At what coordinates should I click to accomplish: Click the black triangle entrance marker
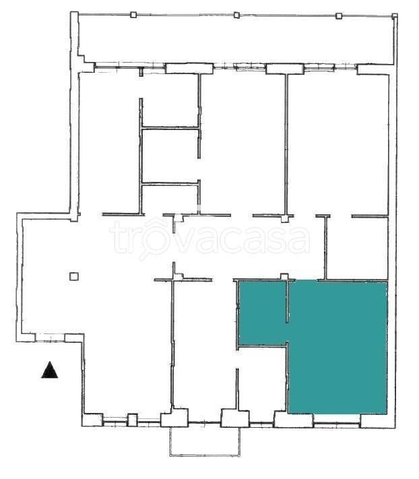[49, 370]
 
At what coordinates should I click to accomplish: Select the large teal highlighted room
[337, 348]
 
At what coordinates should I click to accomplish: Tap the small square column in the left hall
[74, 276]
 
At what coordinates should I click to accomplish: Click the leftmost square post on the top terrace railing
[133, 15]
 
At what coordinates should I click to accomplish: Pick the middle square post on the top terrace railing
[236, 15]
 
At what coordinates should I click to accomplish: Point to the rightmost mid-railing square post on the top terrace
[339, 16]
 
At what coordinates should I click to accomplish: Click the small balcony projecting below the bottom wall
[205, 441]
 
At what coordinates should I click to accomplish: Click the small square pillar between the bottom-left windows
[132, 420]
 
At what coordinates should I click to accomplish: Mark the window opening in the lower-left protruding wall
[50, 338]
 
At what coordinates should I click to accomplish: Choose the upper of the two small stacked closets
[170, 156]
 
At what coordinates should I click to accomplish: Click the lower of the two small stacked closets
[170, 199]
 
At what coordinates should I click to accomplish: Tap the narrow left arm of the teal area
[263, 313]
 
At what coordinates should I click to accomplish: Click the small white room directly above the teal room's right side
[357, 248]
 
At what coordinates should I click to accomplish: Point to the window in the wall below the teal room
[337, 423]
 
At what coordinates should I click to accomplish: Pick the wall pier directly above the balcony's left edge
[174, 417]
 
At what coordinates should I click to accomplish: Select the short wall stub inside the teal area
[287, 302]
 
